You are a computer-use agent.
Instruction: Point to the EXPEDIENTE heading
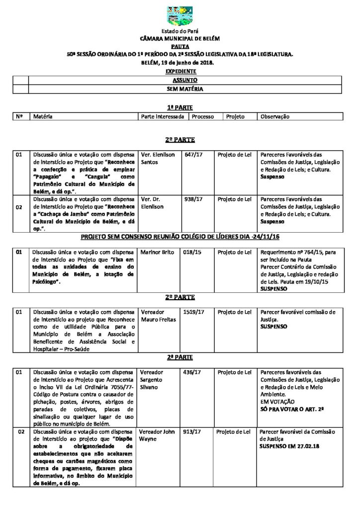point(180,71)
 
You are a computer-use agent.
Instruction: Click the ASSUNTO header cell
point(184,80)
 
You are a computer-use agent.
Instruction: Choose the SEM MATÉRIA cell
point(184,89)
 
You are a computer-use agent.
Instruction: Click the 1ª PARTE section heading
point(180,107)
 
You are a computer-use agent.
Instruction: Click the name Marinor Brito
point(158,253)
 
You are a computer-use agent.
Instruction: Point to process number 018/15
point(191,253)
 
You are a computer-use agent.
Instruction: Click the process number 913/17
point(192,431)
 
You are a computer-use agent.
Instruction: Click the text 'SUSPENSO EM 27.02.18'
point(289,446)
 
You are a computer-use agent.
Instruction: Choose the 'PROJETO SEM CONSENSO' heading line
point(180,236)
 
